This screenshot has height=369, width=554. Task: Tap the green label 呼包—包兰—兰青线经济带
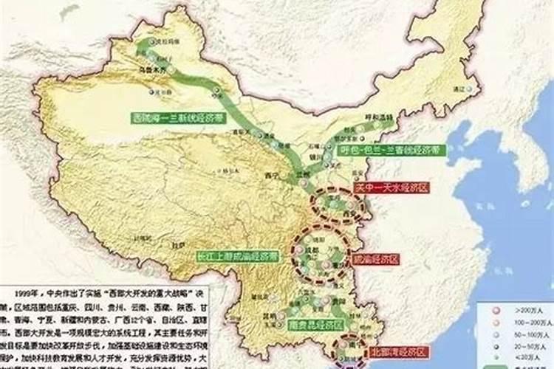pos(391,150)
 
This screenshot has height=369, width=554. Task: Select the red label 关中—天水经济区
pos(391,187)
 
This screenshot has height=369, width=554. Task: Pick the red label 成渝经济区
pos(377,260)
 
